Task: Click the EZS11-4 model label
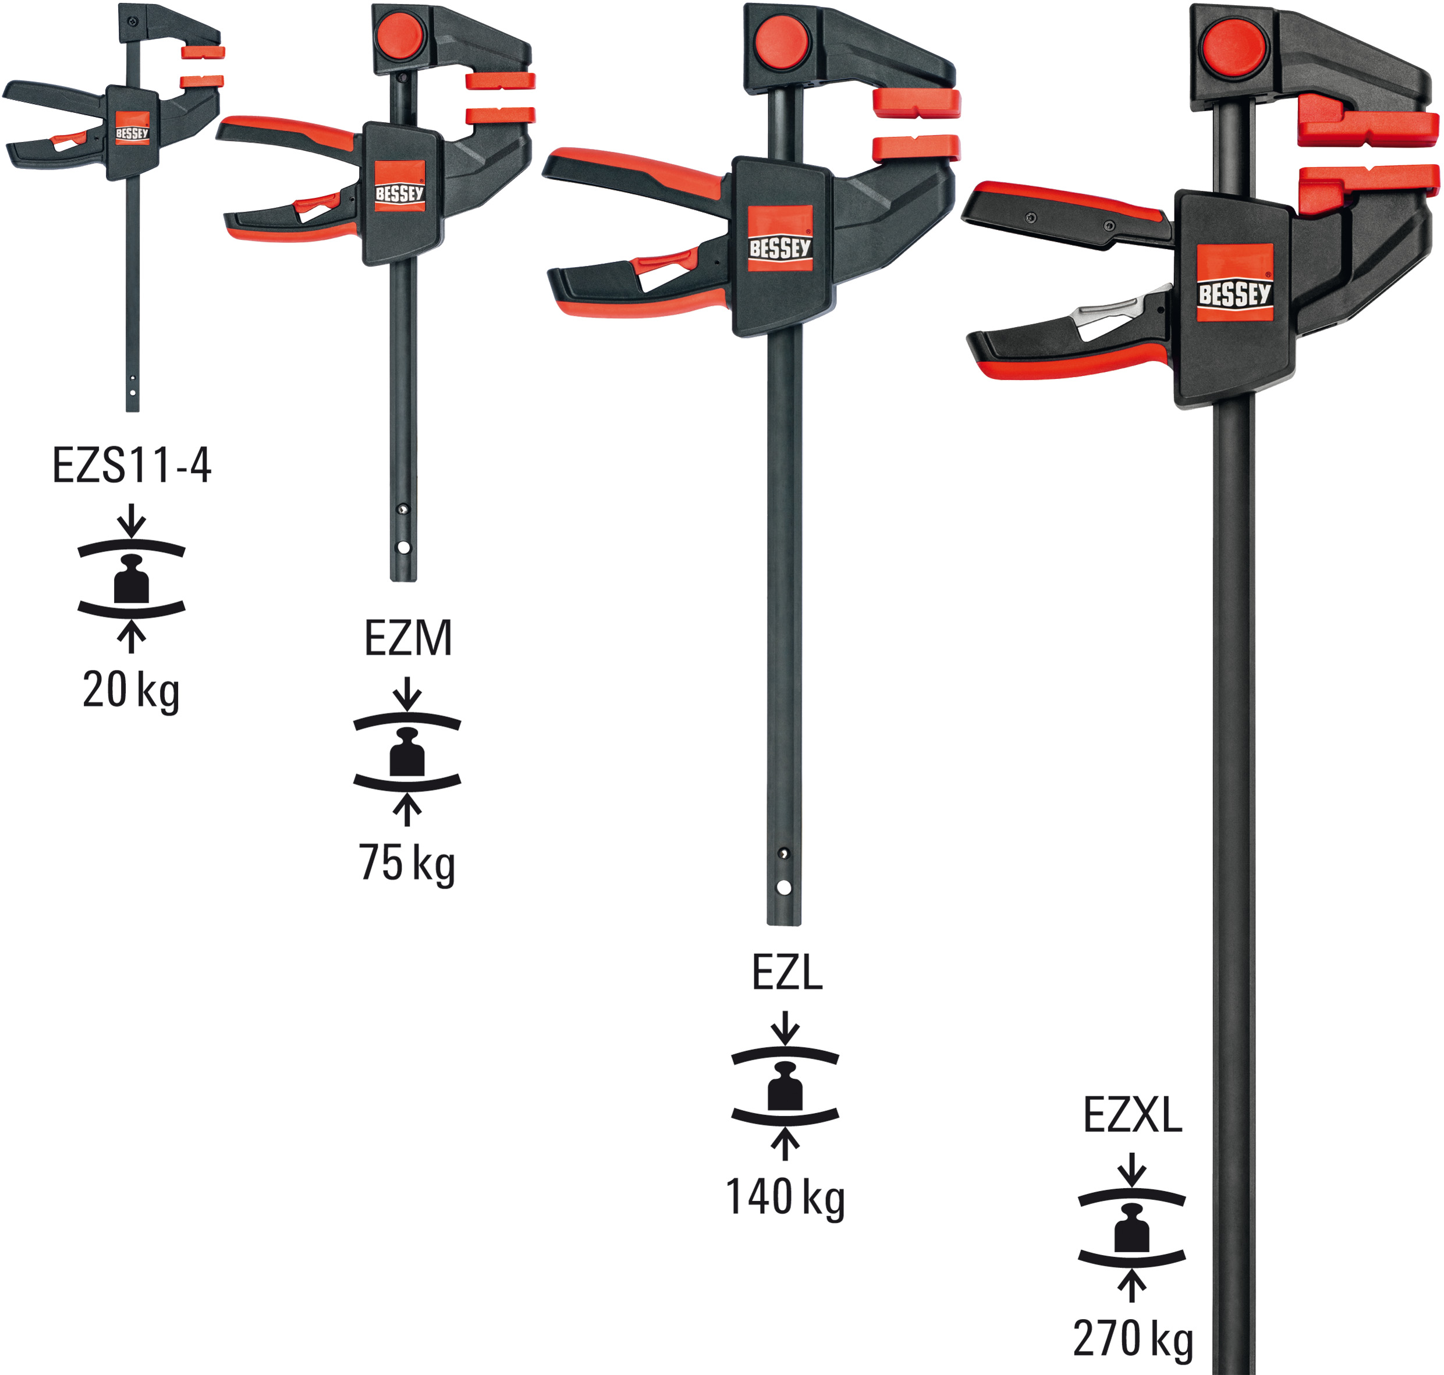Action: [x=132, y=465]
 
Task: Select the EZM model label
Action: [x=407, y=638]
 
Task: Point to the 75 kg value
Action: [x=407, y=863]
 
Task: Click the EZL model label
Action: [x=786, y=974]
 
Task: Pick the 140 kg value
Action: [x=785, y=1197]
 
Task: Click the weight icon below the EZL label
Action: [x=785, y=1086]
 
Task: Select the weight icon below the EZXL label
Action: [x=1131, y=1228]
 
